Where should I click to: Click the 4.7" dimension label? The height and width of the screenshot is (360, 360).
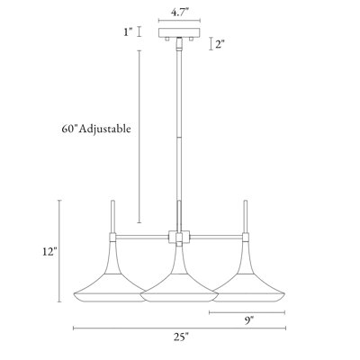coord(180,13)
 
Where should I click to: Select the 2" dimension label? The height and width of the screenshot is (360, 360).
coord(220,43)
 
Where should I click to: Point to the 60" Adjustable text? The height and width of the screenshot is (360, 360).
coord(92,129)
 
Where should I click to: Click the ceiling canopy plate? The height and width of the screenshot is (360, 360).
coord(180,32)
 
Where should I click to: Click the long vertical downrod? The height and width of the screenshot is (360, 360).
coord(180,135)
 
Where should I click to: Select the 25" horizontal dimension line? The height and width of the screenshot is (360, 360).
coord(126,329)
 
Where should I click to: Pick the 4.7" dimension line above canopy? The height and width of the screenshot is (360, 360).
coord(180,22)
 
